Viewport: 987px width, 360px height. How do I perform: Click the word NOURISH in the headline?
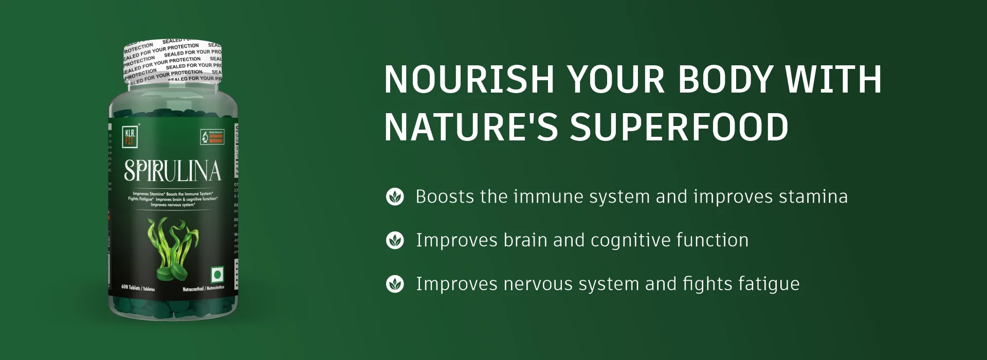point(469,80)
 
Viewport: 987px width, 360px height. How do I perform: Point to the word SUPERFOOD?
point(679,127)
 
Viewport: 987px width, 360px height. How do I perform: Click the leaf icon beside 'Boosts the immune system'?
point(395,196)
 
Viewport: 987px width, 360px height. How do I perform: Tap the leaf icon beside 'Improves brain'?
point(395,240)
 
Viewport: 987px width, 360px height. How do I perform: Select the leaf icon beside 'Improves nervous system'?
point(395,284)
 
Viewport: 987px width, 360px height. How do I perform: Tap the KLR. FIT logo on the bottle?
point(130,136)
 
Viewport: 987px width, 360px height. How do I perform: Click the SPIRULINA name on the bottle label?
point(173,171)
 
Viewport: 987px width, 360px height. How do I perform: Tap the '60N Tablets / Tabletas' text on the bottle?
point(138,288)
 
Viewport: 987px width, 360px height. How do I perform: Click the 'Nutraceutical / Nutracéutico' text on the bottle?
point(204,289)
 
